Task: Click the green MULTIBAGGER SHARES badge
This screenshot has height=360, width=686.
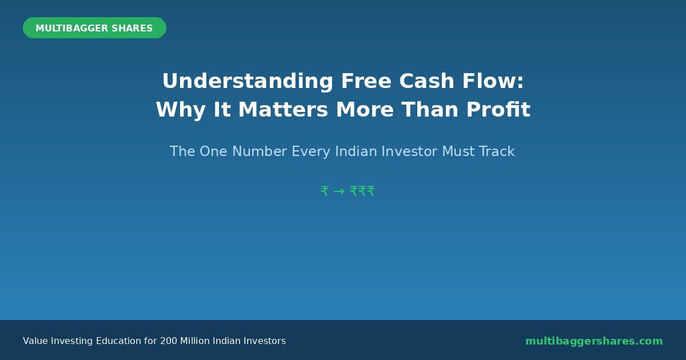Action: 95,28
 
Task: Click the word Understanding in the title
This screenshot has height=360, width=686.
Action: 248,81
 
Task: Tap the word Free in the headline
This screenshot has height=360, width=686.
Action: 366,81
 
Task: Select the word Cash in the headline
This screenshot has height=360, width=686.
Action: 426,81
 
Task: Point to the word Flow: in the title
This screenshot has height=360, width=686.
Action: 493,81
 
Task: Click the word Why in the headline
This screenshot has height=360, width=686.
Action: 181,110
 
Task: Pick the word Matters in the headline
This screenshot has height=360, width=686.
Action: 283,110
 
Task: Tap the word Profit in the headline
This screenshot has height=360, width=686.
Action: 498,109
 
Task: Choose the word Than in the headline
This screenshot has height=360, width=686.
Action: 430,110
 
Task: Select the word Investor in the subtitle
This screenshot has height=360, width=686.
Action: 409,151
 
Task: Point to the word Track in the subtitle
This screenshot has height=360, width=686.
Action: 497,151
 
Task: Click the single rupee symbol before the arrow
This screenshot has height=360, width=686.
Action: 325,191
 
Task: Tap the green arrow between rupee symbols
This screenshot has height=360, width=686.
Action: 339,191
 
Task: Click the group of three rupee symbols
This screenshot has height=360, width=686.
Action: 362,191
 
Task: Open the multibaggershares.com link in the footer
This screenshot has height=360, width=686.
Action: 594,341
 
